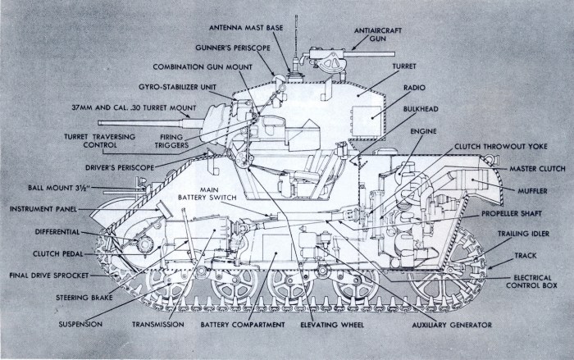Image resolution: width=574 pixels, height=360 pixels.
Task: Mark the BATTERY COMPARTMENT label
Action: point(243,326)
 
